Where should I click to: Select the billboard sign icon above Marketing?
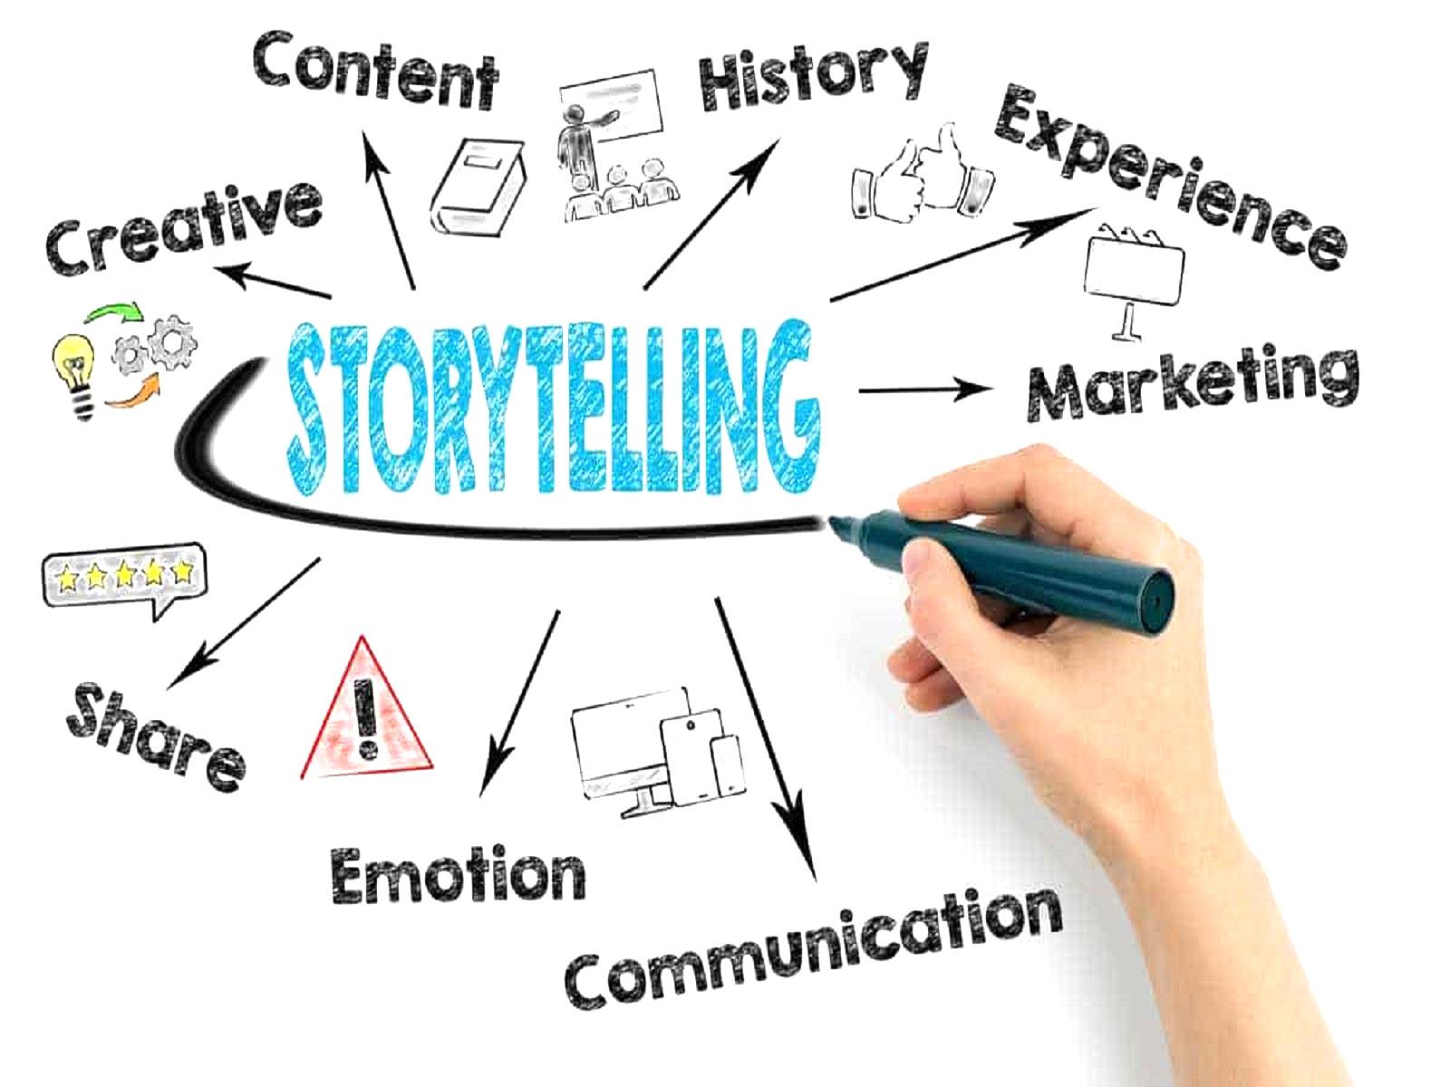(1134, 272)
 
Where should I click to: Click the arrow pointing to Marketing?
(924, 390)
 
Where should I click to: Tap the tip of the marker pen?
(832, 523)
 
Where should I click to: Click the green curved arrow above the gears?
(114, 314)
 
